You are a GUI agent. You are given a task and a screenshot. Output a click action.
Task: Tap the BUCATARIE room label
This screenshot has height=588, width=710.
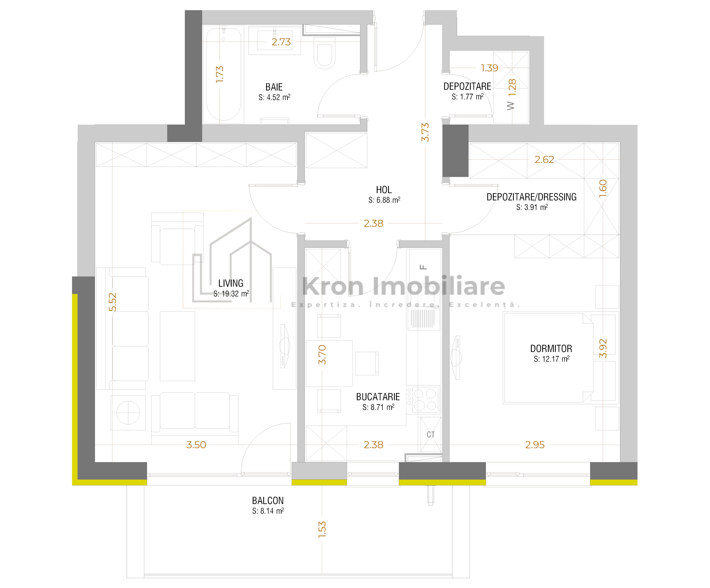[x=378, y=397]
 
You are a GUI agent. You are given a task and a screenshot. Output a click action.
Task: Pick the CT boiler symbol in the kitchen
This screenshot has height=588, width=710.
[x=430, y=435]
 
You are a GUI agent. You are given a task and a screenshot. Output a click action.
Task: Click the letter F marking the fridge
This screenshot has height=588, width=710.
[x=423, y=267]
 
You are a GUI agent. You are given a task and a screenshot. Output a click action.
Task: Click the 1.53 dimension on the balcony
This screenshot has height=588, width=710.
[x=322, y=529]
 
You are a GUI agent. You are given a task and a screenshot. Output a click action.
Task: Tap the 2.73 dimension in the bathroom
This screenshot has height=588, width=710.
[x=281, y=42]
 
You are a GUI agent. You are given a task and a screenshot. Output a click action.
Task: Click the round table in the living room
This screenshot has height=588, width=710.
[x=128, y=413]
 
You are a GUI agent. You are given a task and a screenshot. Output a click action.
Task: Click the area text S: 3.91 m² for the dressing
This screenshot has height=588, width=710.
[x=532, y=207]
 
